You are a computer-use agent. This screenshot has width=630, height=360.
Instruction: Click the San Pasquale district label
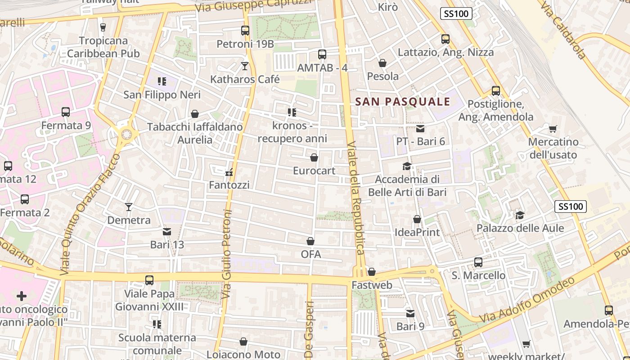pyautogui.click(x=403, y=102)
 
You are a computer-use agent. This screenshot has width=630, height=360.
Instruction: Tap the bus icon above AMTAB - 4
pyautogui.click(x=322, y=54)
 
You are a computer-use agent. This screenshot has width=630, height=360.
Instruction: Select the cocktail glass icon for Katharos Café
pyautogui.click(x=245, y=66)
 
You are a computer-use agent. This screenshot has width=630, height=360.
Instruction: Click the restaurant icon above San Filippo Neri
pyautogui.click(x=162, y=81)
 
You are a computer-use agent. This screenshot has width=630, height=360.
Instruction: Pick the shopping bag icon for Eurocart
pyautogui.click(x=314, y=157)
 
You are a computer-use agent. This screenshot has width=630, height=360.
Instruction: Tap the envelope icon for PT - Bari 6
pyautogui.click(x=420, y=129)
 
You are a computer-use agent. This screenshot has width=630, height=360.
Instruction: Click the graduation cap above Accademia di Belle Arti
pyautogui.click(x=407, y=166)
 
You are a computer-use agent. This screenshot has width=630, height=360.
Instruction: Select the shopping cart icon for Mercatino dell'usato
pyautogui.click(x=553, y=129)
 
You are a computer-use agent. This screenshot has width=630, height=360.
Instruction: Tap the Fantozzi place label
pyautogui.click(x=229, y=185)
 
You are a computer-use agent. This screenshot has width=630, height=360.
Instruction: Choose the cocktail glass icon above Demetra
pyautogui.click(x=129, y=207)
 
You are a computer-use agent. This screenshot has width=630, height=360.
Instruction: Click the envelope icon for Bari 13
pyautogui.click(x=167, y=232)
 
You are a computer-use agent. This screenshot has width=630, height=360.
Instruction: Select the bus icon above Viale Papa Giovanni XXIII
pyautogui.click(x=149, y=280)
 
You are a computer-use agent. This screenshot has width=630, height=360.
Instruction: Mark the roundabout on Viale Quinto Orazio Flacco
pyautogui.click(x=126, y=134)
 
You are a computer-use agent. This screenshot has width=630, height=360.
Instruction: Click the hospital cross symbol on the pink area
pyautogui.click(x=21, y=296)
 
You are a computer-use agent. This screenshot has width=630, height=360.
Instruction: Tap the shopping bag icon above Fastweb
pyautogui.click(x=372, y=272)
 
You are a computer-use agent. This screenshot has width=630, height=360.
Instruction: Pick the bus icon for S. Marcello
pyautogui.click(x=478, y=262)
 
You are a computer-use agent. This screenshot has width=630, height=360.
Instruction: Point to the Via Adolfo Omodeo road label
pyautogui.click(x=526, y=300)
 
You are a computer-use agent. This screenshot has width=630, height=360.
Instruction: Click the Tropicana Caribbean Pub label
pyautogui.click(x=103, y=47)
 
